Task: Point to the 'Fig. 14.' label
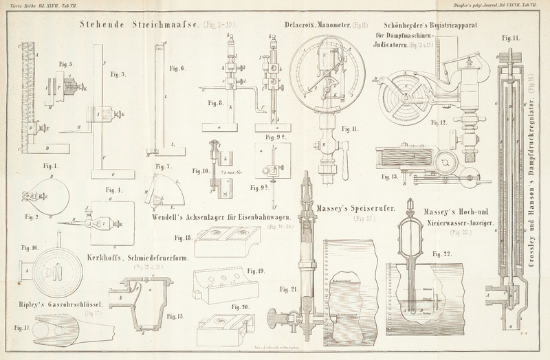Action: (511, 35)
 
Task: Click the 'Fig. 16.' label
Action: (29, 247)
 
